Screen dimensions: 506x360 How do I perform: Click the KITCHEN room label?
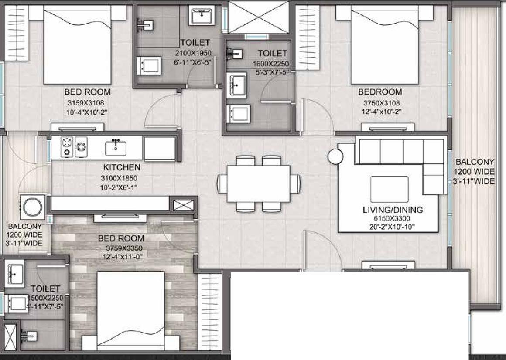(122, 167)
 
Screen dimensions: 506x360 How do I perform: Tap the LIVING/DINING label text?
(393, 210)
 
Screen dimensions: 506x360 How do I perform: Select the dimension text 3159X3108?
(85, 103)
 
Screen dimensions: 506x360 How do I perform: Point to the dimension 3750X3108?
(381, 103)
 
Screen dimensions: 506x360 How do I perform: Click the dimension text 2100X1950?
(193, 53)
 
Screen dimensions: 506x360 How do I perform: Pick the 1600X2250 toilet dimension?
(271, 64)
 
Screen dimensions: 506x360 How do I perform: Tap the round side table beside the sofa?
(335, 156)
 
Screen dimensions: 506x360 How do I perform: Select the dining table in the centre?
(258, 184)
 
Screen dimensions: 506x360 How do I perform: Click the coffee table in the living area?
(390, 189)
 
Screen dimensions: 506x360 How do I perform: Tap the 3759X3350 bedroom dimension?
(124, 248)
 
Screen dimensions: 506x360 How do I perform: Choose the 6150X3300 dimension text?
(392, 219)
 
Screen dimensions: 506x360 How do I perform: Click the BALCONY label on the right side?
(475, 162)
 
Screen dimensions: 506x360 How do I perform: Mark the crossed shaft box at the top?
(258, 17)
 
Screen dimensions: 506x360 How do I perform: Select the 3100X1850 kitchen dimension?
(119, 178)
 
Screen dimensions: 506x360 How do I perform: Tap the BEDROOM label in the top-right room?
(380, 92)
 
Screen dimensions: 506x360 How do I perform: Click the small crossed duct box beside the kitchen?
(184, 205)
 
